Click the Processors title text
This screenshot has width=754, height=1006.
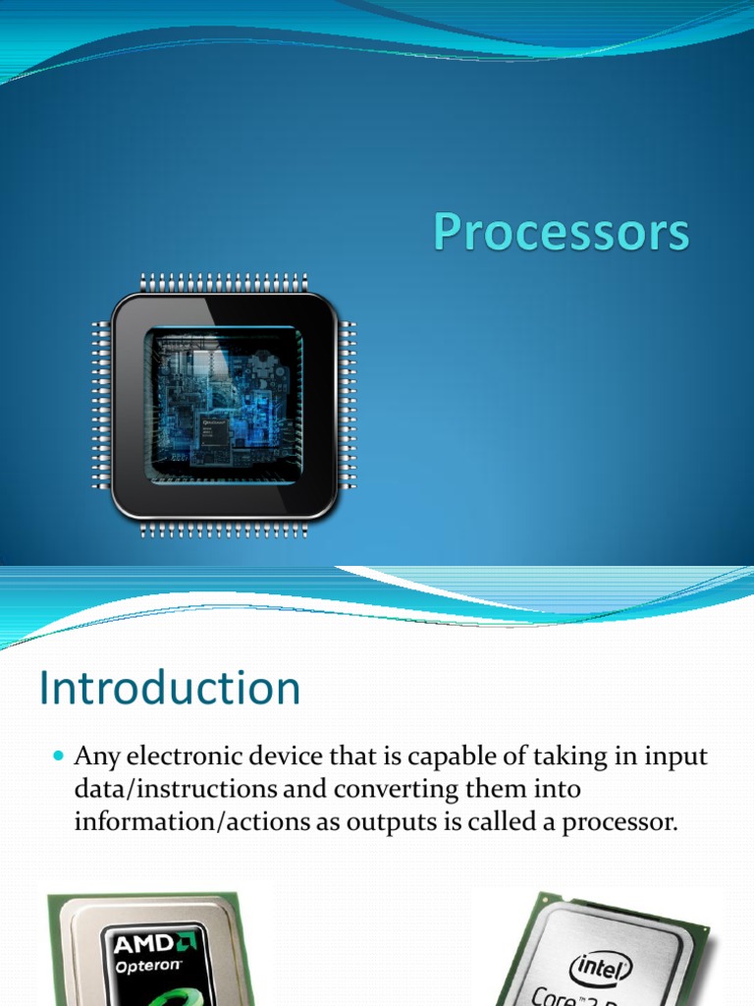(x=562, y=235)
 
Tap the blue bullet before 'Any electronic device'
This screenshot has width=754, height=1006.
(x=56, y=757)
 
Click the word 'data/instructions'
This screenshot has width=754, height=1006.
(x=159, y=789)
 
